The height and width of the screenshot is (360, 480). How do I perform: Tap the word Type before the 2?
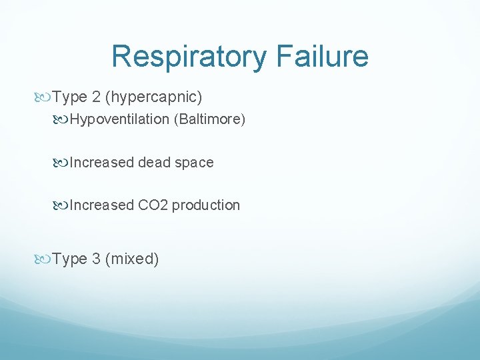[x=70, y=97]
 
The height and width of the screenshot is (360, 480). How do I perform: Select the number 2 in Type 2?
[x=97, y=97]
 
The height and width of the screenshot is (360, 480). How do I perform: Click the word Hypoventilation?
[x=117, y=120]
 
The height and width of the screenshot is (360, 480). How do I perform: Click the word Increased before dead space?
[x=101, y=163]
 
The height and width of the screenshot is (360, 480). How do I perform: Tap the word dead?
[x=154, y=163]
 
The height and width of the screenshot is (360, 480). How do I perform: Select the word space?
[x=194, y=163]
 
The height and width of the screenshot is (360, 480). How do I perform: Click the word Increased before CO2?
[x=101, y=205]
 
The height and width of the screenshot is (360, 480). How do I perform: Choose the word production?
[x=206, y=205]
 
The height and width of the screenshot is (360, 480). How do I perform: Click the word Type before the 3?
[x=70, y=259]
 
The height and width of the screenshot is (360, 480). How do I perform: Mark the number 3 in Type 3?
[x=97, y=259]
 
